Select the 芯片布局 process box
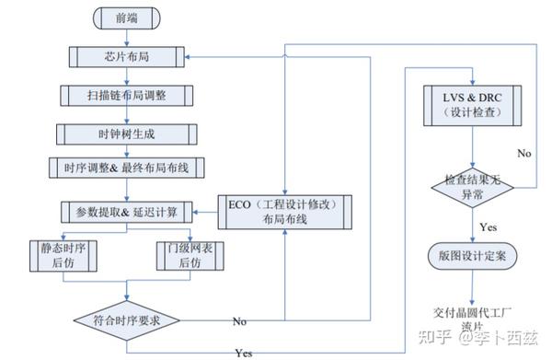127,57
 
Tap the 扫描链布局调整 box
127,95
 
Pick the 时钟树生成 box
127,133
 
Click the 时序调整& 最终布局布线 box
127,168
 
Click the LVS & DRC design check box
472,104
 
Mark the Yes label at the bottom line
245,353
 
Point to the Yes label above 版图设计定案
489,224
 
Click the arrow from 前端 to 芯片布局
127,37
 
